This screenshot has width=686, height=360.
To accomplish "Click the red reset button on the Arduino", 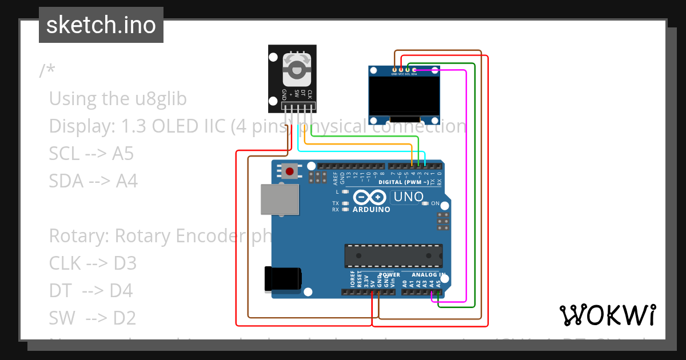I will (290, 171).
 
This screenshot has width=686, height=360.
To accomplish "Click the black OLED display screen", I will (405, 96).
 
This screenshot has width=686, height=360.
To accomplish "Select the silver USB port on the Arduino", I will (279, 199).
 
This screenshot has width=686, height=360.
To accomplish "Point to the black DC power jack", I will (282, 278).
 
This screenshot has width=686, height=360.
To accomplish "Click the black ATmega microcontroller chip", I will (393, 255).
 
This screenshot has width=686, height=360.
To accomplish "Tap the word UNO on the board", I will (408, 197).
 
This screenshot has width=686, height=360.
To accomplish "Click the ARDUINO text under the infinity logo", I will (372, 210).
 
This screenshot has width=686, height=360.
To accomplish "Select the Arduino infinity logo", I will (370, 198).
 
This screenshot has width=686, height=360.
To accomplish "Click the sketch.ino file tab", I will (101, 25).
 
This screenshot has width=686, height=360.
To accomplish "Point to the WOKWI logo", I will (607, 315).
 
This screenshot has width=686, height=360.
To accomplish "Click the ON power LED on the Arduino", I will (424, 203).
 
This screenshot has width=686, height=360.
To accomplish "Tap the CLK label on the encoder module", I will (310, 93).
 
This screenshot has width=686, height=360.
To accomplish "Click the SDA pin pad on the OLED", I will (414, 70).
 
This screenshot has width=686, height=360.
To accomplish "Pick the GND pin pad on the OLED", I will (394, 70).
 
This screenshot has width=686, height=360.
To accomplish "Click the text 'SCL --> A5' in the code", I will (91, 154).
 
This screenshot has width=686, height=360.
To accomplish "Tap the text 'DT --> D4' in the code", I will (91, 291).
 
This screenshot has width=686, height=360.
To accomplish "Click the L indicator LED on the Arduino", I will (345, 192).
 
